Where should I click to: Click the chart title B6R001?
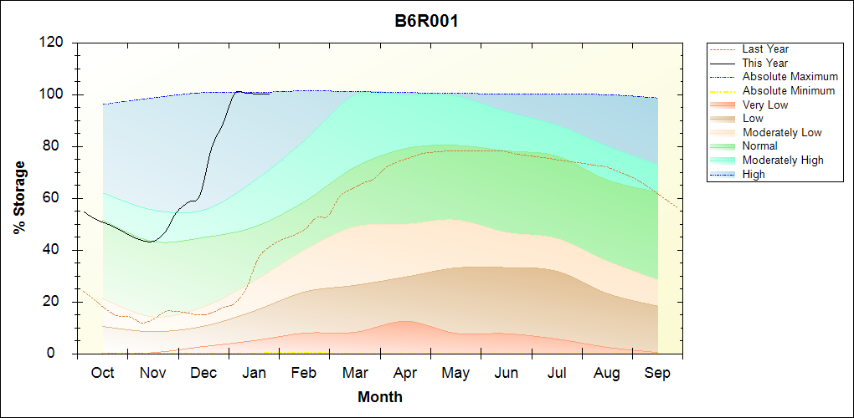click(x=426, y=21)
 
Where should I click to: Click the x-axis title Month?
click(x=380, y=397)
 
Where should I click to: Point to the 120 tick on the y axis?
click(x=54, y=43)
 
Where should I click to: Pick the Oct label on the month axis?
click(x=102, y=374)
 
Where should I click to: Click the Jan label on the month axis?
click(x=254, y=374)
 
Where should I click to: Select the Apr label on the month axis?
click(x=405, y=374)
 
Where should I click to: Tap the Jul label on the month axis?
click(x=557, y=374)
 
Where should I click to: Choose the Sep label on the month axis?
click(x=657, y=374)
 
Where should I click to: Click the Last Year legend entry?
click(x=765, y=49)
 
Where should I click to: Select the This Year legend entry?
click(x=765, y=63)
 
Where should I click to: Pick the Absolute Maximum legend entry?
click(x=790, y=77)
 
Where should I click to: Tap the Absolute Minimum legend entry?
click(x=789, y=90)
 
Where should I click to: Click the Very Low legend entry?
click(x=765, y=104)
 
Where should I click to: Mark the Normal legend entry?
click(x=759, y=146)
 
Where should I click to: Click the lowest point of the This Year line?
click(x=150, y=242)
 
